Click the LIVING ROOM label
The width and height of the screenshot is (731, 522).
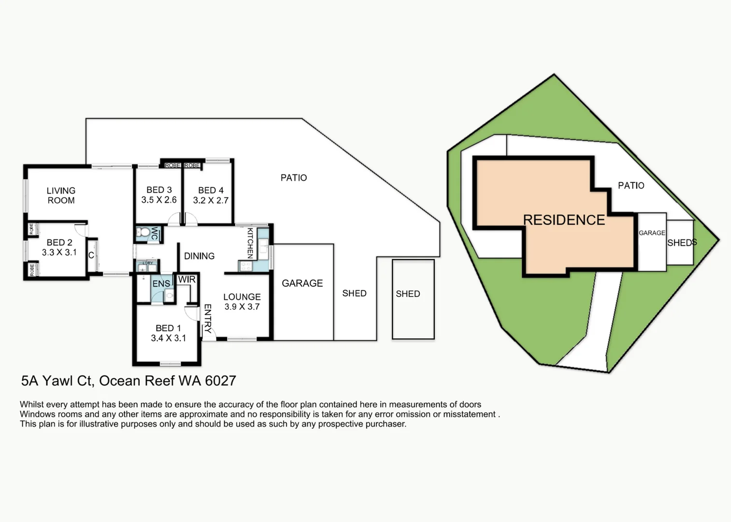pos(61,195)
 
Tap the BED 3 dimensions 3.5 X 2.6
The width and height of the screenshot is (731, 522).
pos(159,200)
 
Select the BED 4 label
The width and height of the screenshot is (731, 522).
pos(211,190)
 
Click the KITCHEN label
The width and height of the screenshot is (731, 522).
pos(250,243)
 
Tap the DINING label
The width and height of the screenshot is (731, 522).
pos(199,256)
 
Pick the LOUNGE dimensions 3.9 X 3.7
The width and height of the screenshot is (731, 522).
pos(242,306)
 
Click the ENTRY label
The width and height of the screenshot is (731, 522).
pos(208,319)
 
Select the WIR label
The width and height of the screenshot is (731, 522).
pos(186,279)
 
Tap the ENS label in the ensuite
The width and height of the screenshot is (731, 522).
pos(161,284)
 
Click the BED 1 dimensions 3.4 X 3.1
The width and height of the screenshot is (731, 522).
pos(169,338)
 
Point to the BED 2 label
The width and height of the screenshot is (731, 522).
pos(59,243)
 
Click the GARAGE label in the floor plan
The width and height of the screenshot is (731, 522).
pos(302,283)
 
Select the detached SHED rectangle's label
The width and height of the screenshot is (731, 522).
pos(408,294)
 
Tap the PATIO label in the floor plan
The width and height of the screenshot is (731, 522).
pos(294,178)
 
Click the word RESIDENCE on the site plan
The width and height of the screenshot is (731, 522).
pos(564,220)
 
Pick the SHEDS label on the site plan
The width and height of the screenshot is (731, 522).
pos(682,243)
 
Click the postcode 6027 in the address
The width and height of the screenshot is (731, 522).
pos(220,381)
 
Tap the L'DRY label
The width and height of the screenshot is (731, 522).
pos(147,263)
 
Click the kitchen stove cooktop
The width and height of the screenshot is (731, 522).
pos(245,266)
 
